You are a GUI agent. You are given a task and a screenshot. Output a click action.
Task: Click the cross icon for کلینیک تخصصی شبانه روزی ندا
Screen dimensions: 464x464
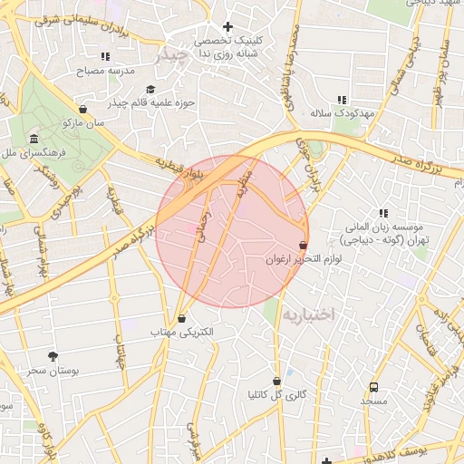click(x=227, y=27)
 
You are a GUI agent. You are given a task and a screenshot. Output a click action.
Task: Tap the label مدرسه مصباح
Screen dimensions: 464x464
click(x=105, y=70)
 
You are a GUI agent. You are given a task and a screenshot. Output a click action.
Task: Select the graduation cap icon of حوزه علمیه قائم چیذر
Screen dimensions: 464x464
click(x=150, y=89)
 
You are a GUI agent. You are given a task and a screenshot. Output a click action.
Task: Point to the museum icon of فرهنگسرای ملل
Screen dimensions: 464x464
click(x=34, y=139)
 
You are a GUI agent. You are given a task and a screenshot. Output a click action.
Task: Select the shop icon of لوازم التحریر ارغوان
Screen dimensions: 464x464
click(x=303, y=245)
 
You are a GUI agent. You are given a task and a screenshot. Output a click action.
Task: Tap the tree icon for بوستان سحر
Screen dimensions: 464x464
click(x=52, y=355)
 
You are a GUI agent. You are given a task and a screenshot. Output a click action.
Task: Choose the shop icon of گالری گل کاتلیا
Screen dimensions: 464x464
click(x=276, y=381)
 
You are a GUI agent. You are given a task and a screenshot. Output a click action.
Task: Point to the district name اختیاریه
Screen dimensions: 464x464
click(x=307, y=314)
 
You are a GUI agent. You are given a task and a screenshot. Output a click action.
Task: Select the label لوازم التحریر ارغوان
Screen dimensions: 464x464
click(x=303, y=260)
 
